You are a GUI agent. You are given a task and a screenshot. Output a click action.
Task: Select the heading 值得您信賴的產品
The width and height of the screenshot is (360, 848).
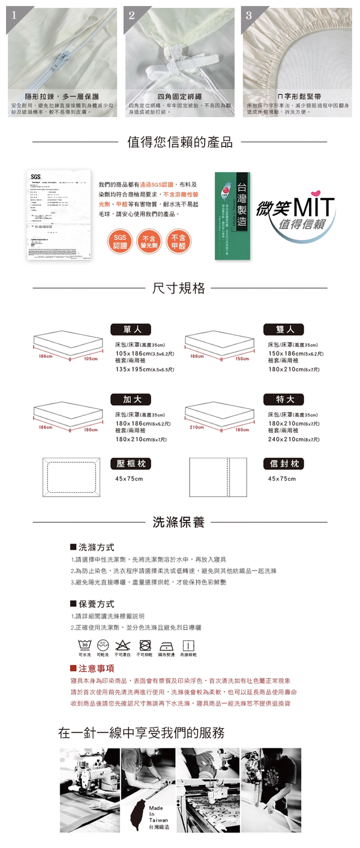(180, 142)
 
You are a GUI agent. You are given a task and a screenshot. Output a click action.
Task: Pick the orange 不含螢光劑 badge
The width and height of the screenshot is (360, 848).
(149, 241)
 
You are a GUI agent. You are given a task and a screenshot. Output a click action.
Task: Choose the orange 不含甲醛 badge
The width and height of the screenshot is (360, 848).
(178, 241)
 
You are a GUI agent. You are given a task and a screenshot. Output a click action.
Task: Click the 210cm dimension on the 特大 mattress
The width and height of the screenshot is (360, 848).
(197, 427)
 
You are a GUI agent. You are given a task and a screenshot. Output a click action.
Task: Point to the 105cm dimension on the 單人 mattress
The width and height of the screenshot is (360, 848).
(91, 358)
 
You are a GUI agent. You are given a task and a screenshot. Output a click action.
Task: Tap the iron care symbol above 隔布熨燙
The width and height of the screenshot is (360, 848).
(166, 645)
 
